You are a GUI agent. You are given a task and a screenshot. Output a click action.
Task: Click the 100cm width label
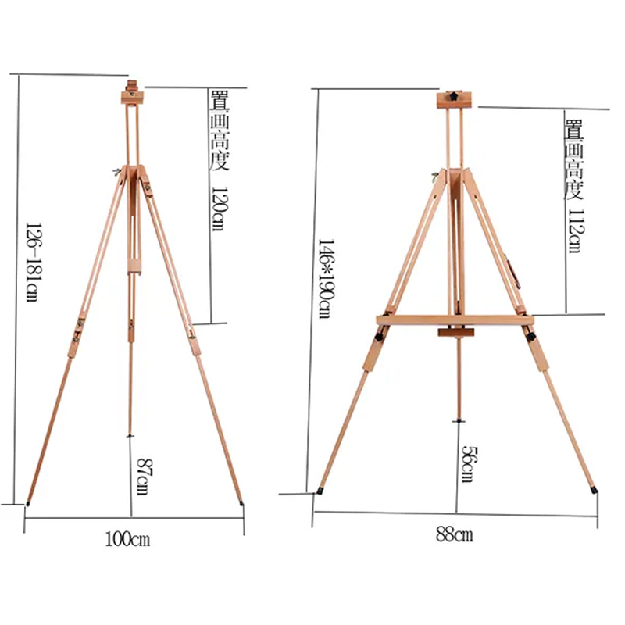[x=127, y=539]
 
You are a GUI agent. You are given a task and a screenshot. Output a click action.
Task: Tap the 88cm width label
[x=455, y=534]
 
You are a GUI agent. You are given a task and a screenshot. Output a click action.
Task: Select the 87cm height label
[x=143, y=477]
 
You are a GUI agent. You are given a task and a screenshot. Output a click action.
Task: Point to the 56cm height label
[x=470, y=464]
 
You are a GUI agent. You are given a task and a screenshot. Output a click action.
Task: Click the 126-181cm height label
[x=32, y=262]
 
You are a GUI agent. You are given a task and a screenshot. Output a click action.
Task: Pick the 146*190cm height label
[x=326, y=279]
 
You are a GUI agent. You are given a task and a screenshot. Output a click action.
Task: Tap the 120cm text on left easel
[x=218, y=209]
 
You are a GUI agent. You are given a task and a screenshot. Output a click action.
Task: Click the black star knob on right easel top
[x=453, y=96]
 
